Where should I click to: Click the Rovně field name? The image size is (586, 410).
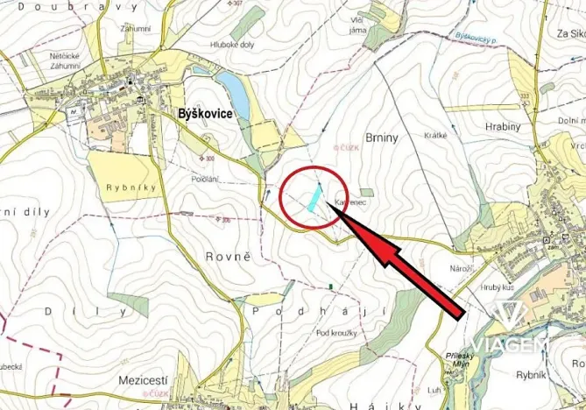pyautogui.click(x=229, y=257)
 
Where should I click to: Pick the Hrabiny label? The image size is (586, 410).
pyautogui.click(x=502, y=127)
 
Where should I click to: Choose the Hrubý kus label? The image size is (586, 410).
pyautogui.click(x=497, y=287)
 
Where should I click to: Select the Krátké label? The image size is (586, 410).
pyautogui.click(x=435, y=135)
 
